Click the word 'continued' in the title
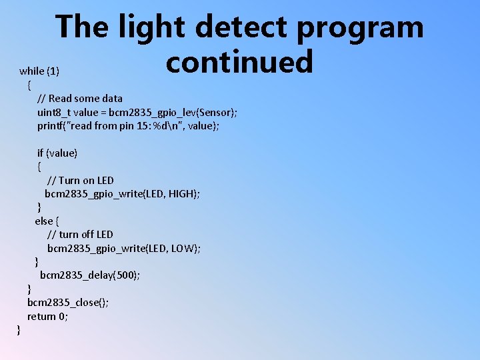239,61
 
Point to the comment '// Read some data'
80,99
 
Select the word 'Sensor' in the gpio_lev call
213,112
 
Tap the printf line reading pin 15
129,125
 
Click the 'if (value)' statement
57,153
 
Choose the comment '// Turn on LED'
81,180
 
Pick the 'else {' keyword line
47,221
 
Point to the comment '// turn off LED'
80,234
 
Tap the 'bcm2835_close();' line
68,303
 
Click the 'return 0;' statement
47,316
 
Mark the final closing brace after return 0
19,330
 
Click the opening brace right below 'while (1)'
29,85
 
